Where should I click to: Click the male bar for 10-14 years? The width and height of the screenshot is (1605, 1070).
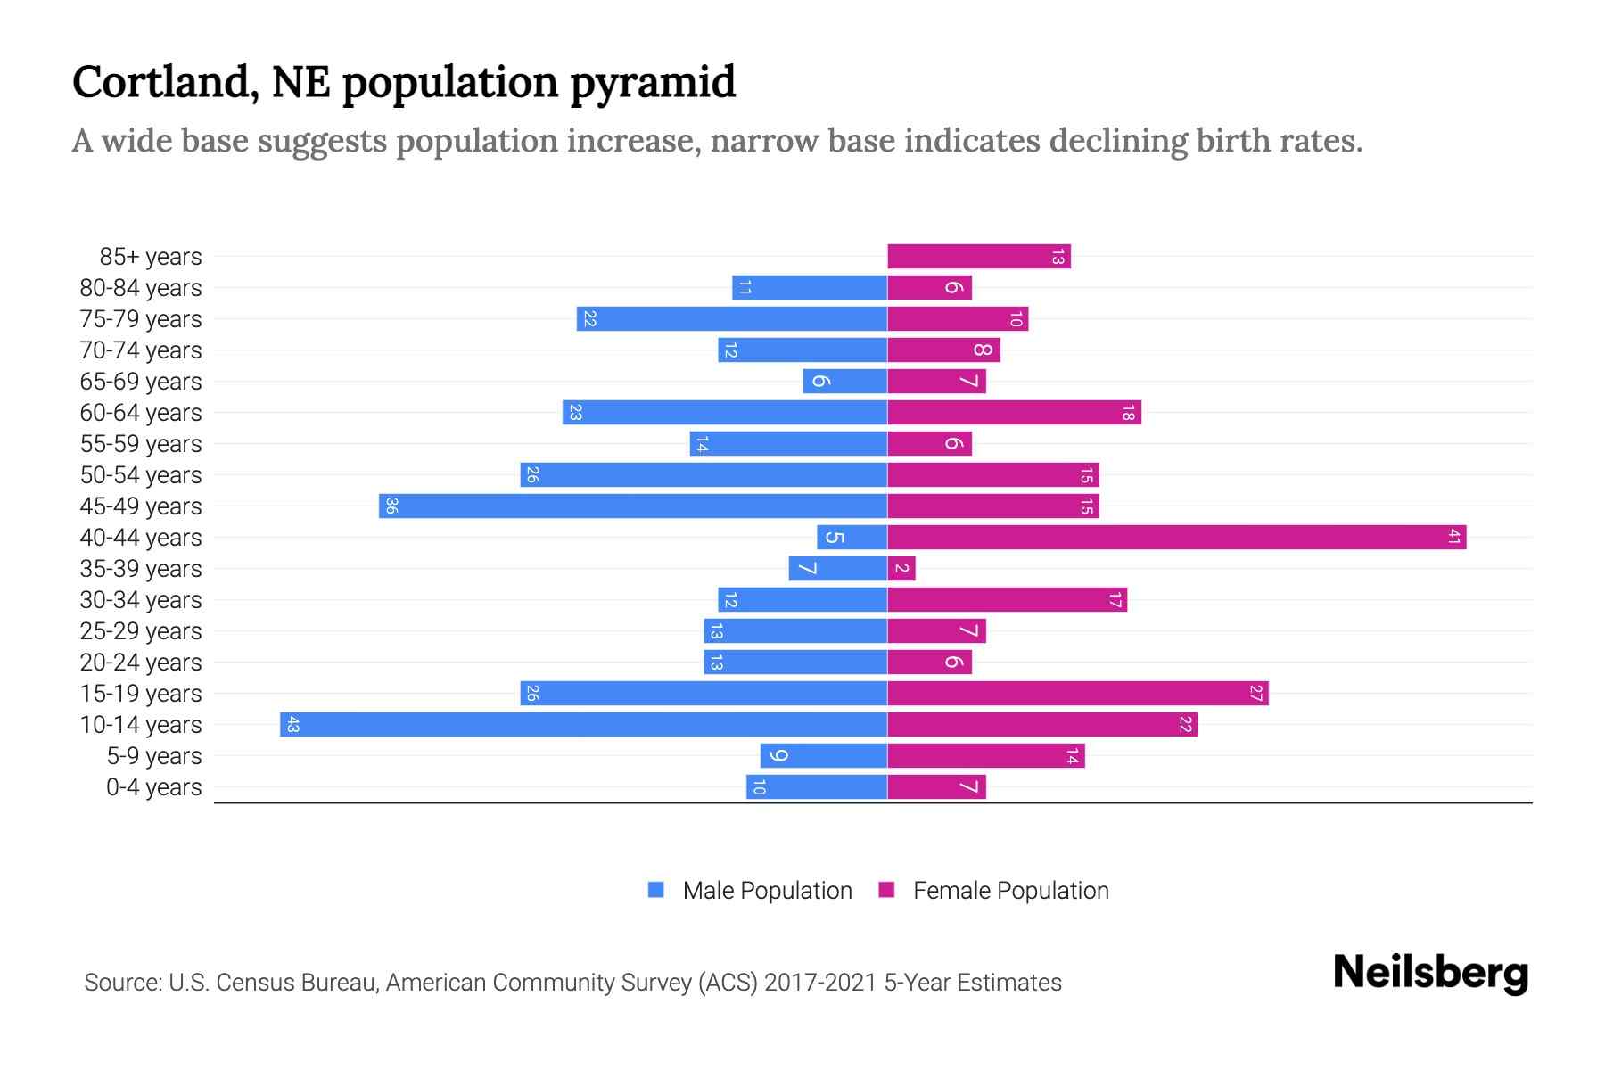pyautogui.click(x=583, y=724)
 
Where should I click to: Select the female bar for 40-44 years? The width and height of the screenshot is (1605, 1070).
pyautogui.click(x=1176, y=537)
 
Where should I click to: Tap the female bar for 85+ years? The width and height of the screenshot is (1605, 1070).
pyautogui.click(x=978, y=257)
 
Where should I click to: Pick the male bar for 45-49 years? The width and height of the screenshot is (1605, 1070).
pyautogui.click(x=633, y=506)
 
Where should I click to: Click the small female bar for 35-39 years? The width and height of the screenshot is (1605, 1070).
pyautogui.click(x=901, y=568)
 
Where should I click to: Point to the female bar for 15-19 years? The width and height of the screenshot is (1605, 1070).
pyautogui.click(x=1077, y=693)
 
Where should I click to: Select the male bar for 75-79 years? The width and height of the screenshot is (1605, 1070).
pyautogui.click(x=731, y=318)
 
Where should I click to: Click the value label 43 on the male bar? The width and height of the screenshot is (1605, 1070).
pyautogui.click(x=292, y=725)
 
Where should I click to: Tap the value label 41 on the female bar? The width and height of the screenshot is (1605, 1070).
pyautogui.click(x=1453, y=537)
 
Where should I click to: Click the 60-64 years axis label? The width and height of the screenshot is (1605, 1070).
pyautogui.click(x=141, y=413)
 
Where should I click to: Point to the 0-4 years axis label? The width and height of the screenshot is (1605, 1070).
pyautogui.click(x=153, y=787)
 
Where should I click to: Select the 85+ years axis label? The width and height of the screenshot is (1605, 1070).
pyautogui.click(x=150, y=257)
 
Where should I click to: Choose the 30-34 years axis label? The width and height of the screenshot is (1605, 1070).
pyautogui.click(x=141, y=600)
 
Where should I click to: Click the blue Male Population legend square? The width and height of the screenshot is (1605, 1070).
pyautogui.click(x=656, y=890)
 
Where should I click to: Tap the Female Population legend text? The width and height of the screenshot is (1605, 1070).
pyautogui.click(x=1010, y=890)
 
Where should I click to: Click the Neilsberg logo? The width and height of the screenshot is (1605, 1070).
pyautogui.click(x=1430, y=973)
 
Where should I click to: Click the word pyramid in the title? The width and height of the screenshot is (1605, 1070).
pyautogui.click(x=653, y=83)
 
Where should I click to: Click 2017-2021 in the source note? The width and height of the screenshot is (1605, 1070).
pyautogui.click(x=820, y=983)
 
